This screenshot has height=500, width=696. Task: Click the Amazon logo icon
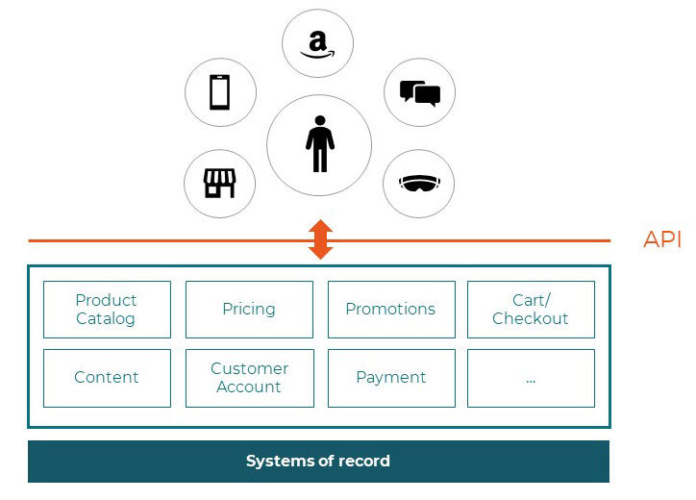click(317, 44)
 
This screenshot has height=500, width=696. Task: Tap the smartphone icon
click(220, 93)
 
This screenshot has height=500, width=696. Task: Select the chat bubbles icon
click(419, 93)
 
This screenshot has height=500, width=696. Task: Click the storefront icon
click(220, 183)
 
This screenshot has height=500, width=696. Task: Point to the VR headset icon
click(419, 183)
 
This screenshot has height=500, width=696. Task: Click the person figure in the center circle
click(319, 145)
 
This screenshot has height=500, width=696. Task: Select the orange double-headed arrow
click(320, 239)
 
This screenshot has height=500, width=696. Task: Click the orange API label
click(662, 240)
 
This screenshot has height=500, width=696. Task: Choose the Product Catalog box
click(107, 310)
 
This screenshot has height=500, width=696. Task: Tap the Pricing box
click(249, 310)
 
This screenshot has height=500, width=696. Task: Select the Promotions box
click(390, 310)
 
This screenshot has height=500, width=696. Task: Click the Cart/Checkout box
click(531, 310)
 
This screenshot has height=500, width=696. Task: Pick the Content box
click(107, 378)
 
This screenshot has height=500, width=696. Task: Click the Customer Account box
click(249, 378)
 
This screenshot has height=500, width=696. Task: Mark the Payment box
click(390, 378)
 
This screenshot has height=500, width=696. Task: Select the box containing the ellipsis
click(531, 378)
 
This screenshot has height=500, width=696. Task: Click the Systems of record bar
click(318, 462)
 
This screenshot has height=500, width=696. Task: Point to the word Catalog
click(106, 319)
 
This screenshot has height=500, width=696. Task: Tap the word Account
click(249, 387)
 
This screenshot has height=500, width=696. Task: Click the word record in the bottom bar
click(365, 462)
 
